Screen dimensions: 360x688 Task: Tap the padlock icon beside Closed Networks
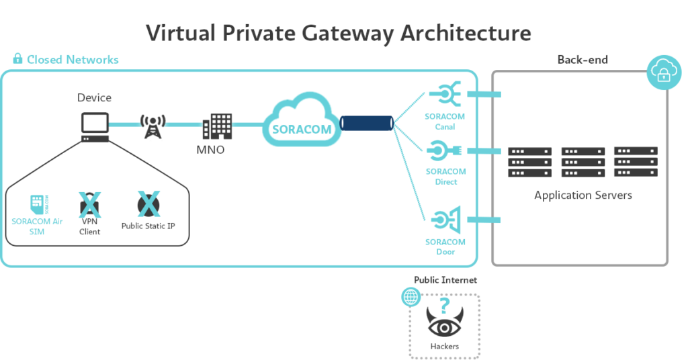click(x=17, y=59)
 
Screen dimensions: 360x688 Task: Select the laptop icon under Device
click(x=95, y=126)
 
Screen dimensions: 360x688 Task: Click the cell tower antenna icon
click(x=153, y=126)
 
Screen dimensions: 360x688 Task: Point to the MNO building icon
click(x=217, y=126)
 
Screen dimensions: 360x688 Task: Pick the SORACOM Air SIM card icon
click(x=38, y=204)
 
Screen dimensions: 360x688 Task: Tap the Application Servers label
click(x=583, y=195)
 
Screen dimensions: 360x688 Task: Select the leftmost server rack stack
click(x=529, y=163)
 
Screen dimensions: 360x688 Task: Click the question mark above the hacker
click(x=444, y=306)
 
